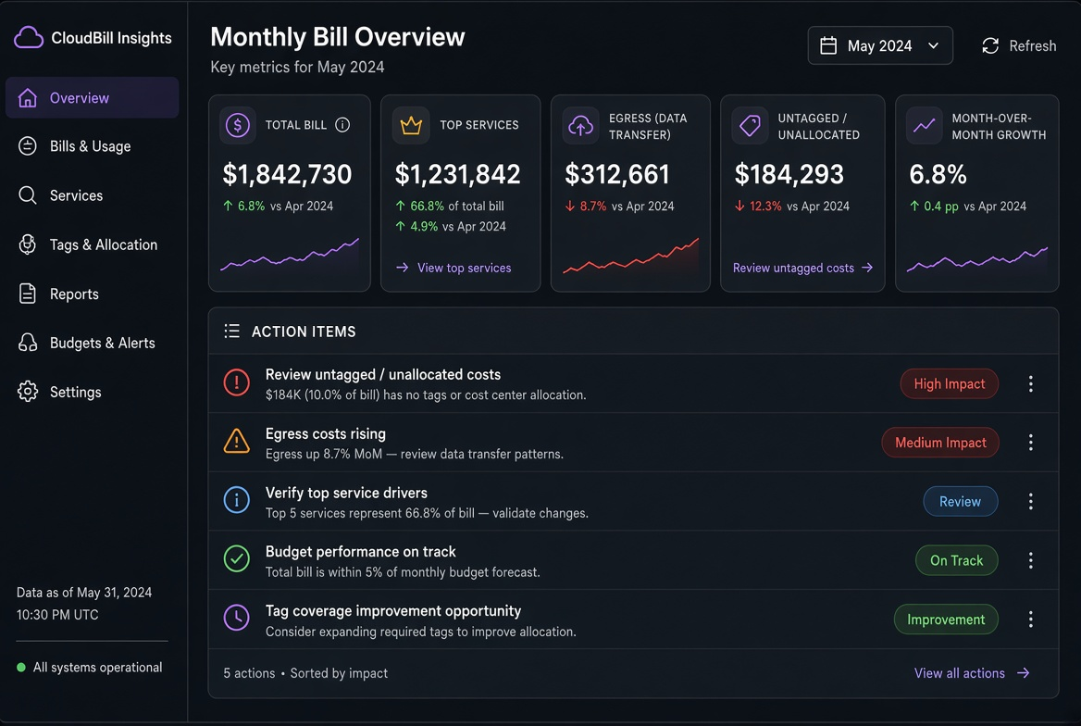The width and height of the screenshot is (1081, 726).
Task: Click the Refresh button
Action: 1018,45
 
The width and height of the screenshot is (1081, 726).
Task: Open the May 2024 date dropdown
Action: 879,45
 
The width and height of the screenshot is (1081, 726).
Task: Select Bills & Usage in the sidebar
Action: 91,146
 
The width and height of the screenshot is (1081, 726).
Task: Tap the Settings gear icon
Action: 28,392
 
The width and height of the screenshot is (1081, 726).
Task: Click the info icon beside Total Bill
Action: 342,125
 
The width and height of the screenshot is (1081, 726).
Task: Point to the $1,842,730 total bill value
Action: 287,174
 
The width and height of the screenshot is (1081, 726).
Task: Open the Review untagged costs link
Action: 802,268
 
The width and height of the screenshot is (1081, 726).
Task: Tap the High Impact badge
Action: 950,383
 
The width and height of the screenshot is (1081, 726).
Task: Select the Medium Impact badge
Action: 940,443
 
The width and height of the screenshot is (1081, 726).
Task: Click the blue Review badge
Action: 960,502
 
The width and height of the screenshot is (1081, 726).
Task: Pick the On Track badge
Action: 956,560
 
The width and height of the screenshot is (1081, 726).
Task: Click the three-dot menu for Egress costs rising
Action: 1031,443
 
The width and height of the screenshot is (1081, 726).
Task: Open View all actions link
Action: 972,673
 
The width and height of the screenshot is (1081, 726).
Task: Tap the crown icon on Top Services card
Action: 411,126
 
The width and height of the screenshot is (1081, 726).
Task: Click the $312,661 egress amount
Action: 617,174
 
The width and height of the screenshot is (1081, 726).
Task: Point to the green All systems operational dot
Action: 21,668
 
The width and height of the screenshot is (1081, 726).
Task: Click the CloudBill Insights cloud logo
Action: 29,37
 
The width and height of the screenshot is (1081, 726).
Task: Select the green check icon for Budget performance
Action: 237,559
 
